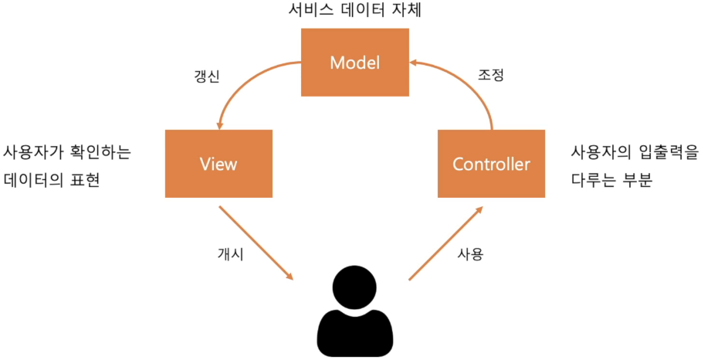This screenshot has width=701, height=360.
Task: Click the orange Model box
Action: tap(354, 63)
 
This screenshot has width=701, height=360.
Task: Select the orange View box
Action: tap(218, 163)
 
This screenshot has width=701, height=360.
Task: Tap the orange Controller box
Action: tap(491, 163)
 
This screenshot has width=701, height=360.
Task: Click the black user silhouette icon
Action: tap(355, 317)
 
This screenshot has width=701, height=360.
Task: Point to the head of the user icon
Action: tap(355, 284)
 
